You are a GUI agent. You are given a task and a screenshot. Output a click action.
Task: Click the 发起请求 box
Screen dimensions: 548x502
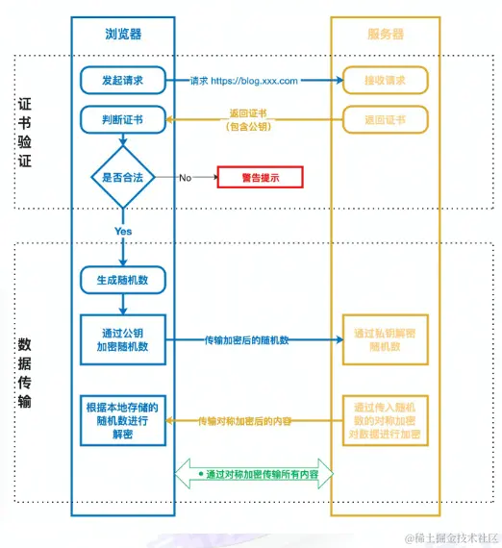123,80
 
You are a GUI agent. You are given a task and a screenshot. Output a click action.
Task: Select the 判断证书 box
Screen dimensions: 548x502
123,120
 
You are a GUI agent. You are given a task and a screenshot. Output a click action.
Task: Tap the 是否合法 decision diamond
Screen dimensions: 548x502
123,177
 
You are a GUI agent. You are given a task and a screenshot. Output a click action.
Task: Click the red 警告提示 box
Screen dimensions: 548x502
260,177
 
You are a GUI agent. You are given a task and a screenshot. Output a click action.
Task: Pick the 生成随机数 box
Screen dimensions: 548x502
123,281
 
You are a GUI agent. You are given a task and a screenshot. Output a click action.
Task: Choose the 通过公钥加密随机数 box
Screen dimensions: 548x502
123,339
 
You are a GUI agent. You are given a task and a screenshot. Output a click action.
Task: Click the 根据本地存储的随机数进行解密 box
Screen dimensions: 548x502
123,420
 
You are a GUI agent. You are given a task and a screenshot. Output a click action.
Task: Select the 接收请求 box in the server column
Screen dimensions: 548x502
384,80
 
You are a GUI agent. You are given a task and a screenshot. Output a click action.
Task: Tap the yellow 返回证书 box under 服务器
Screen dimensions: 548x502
384,120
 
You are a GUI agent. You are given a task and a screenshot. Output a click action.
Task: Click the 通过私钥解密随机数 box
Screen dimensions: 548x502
385,339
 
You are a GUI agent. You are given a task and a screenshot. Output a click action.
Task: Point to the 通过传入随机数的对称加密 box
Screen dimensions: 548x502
385,420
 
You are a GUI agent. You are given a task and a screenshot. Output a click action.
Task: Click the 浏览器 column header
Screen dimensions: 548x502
123,33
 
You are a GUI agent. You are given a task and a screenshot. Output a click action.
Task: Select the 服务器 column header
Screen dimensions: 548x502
385,33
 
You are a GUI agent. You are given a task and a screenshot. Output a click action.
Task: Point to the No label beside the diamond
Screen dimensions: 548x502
185,177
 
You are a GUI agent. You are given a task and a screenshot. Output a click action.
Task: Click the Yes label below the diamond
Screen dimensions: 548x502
123,232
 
